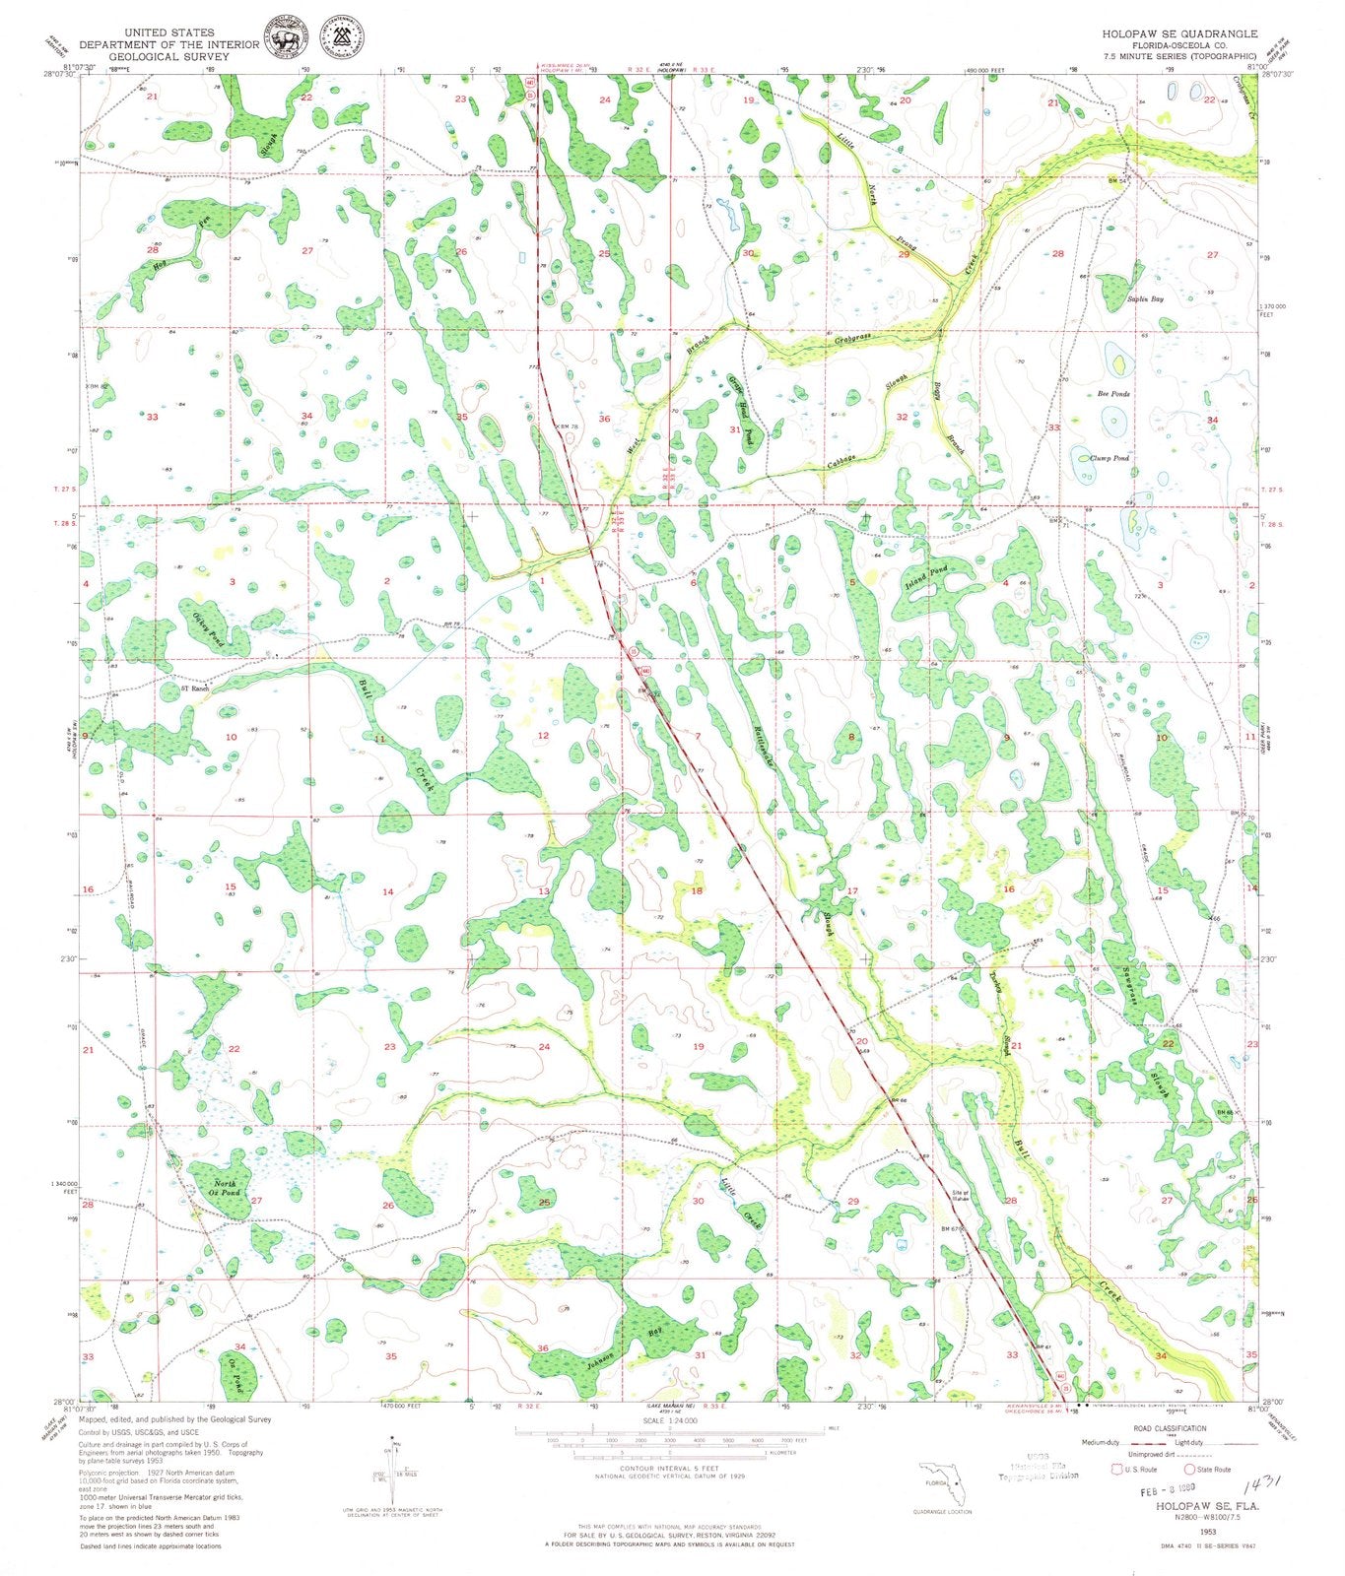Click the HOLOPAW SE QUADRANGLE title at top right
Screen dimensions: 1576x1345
pos(1179,33)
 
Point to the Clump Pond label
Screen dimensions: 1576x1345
pos(1109,458)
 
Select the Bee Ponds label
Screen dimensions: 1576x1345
pos(1113,393)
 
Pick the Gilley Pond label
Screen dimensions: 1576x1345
pos(208,629)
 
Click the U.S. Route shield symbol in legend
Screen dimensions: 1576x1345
pos(1116,1469)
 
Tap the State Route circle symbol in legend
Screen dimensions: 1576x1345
pos(1189,1469)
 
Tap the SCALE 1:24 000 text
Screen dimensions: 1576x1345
pos(669,1421)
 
